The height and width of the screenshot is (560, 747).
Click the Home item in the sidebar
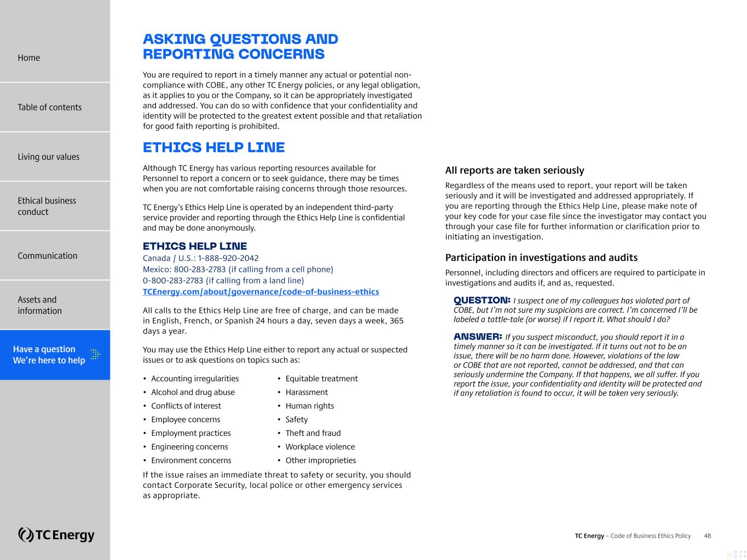pos(29,58)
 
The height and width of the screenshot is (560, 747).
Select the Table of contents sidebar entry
pos(49,107)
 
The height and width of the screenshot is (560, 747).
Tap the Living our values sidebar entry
pos(48,157)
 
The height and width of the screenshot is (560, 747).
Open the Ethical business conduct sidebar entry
pos(47,206)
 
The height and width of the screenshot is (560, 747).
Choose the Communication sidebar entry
pos(47,256)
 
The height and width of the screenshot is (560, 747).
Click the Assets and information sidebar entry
pos(39,305)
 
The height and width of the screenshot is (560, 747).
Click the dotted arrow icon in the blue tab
pos(95,354)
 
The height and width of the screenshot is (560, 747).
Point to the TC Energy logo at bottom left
pos(56,534)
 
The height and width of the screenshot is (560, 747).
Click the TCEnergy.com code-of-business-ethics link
pos(260,292)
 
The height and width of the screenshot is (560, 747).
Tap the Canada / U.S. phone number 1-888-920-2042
pos(228,258)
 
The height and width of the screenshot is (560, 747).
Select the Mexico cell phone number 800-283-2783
pos(200,270)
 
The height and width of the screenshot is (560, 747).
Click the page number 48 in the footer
pos(707,536)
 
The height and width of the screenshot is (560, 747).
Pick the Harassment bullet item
pos(306,392)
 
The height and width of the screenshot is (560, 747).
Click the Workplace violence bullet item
pos(320,447)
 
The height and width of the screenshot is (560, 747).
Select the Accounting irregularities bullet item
pos(195,378)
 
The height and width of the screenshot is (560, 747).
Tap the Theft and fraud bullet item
pos(312,433)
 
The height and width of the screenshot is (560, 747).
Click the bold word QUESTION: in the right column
pos(482,300)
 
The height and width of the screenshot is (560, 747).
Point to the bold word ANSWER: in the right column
pos(478,336)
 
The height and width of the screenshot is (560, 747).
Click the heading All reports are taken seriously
pos(514,171)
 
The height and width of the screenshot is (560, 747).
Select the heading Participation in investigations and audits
pos(541,258)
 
